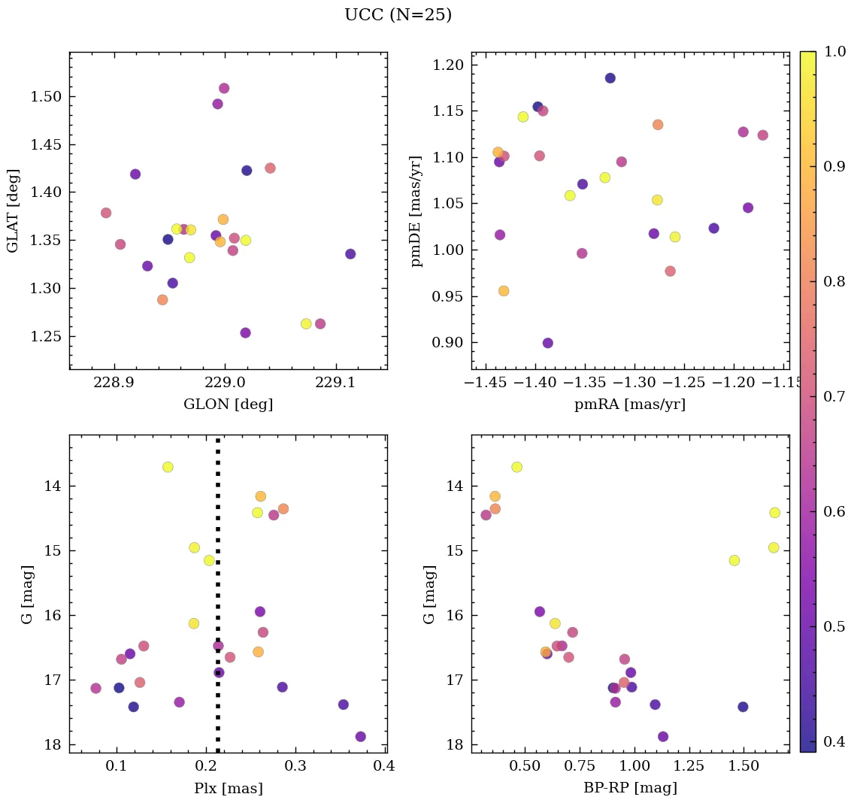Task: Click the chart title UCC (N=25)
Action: (x=398, y=15)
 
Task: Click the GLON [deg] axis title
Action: (x=228, y=405)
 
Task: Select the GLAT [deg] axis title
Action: (x=13, y=211)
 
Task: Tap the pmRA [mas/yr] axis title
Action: (x=630, y=405)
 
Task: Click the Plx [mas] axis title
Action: (x=228, y=789)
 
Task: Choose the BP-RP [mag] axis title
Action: (x=630, y=789)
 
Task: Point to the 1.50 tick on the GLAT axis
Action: (x=45, y=97)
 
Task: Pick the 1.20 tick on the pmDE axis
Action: (x=448, y=65)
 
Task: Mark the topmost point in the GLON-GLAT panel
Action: (x=224, y=89)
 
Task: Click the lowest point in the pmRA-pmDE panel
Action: (x=548, y=343)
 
